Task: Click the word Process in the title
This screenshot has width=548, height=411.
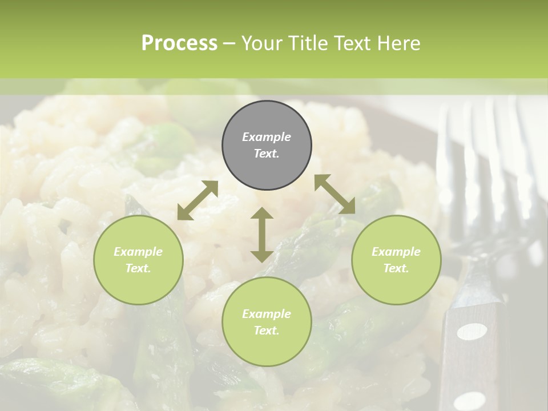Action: (179, 43)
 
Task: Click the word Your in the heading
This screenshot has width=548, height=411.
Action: (261, 43)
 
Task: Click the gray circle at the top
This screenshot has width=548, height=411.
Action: (267, 145)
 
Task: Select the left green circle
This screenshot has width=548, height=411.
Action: (138, 260)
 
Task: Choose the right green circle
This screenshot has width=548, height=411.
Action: (396, 260)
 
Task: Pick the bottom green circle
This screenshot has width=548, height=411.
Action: (267, 321)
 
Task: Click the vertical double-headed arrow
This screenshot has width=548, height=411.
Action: (261, 235)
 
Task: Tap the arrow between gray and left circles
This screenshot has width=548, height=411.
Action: (198, 200)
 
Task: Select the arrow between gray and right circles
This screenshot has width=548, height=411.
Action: (335, 194)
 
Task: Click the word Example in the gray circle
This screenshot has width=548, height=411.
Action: (267, 137)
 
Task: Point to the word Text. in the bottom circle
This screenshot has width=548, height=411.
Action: (267, 331)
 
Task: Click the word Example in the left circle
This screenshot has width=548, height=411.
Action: (138, 252)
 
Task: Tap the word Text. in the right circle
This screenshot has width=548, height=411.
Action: (396, 268)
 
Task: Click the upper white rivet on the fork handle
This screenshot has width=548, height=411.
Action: (473, 331)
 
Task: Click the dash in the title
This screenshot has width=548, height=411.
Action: (229, 43)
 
